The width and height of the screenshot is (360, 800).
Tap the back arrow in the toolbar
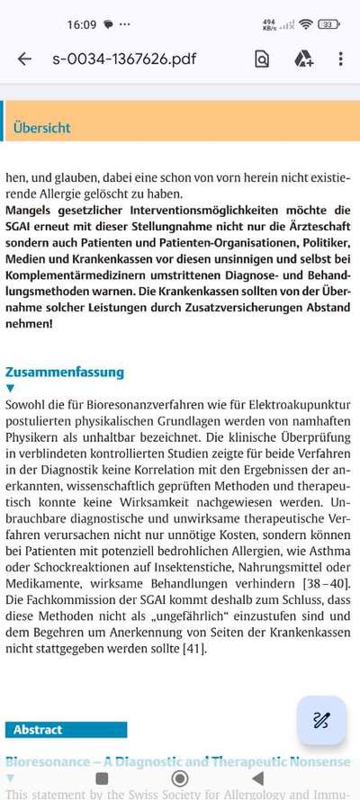point(24,59)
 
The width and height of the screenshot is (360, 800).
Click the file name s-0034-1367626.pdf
point(124,59)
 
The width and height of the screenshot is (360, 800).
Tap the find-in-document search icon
point(262,59)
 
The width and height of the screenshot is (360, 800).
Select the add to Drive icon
point(303,59)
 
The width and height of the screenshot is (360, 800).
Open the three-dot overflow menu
point(340,59)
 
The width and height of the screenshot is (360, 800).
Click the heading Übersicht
point(41,128)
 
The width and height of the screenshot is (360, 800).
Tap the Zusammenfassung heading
point(65,372)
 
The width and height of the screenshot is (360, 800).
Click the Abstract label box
point(66,730)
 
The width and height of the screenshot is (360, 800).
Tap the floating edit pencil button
point(321,720)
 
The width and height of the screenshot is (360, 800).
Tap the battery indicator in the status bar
point(328,23)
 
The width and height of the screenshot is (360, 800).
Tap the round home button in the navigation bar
point(180,778)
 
